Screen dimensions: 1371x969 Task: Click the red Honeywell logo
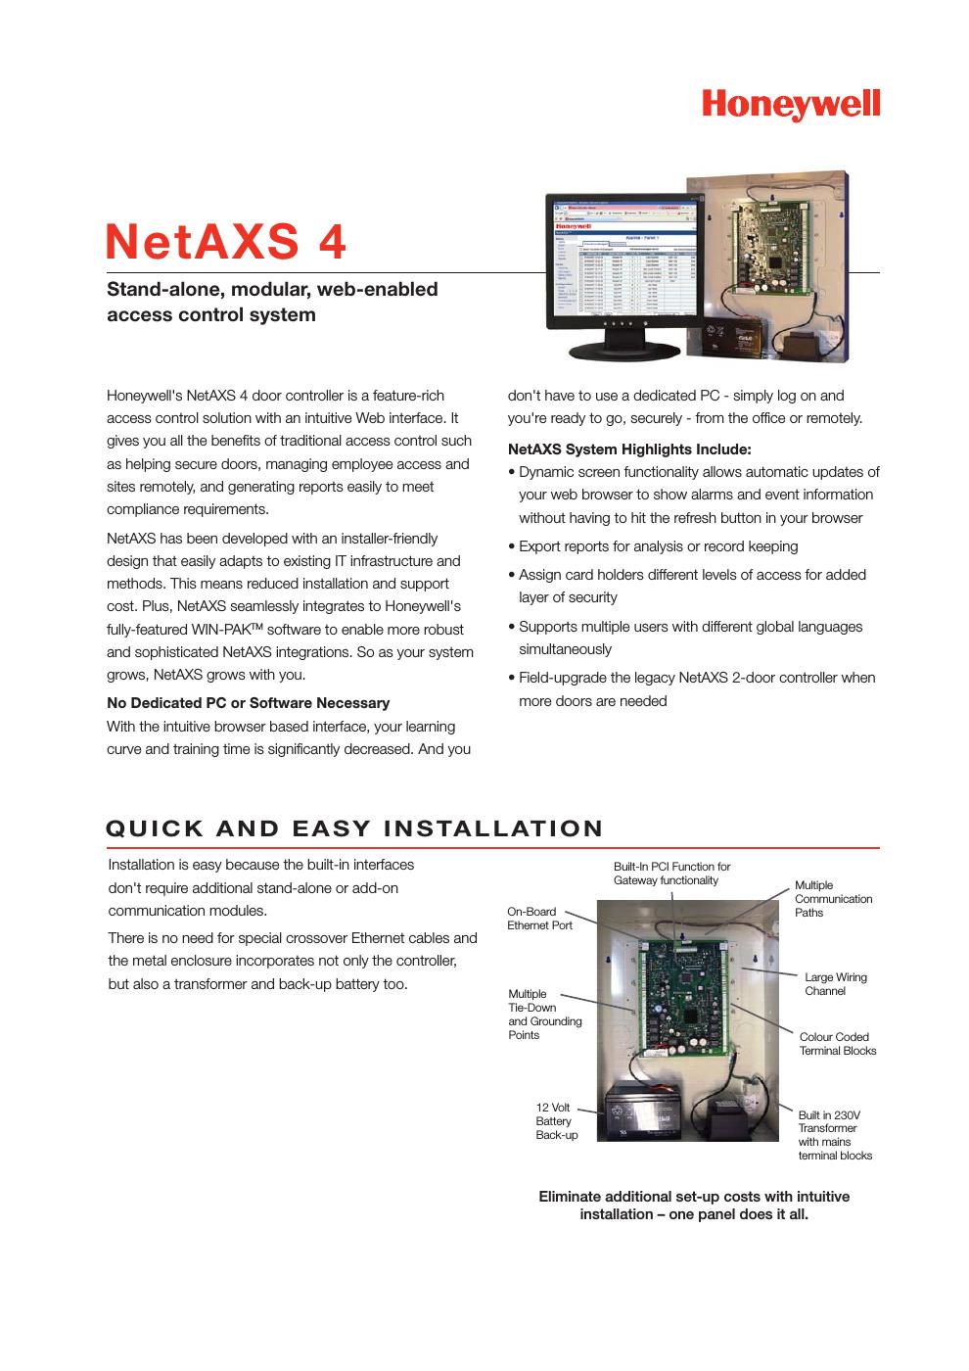pyautogui.click(x=790, y=105)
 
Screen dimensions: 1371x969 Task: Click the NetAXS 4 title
pyautogui.click(x=226, y=242)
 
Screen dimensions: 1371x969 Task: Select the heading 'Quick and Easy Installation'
pyautogui.click(x=354, y=828)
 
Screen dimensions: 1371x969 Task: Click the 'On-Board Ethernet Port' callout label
pyautogui.click(x=539, y=919)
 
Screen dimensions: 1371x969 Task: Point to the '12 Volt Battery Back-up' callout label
pyautogui.click(x=556, y=1121)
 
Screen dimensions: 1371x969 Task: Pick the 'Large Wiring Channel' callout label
pyautogui.click(x=835, y=984)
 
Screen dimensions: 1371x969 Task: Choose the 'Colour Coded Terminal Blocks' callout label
pyautogui.click(x=837, y=1044)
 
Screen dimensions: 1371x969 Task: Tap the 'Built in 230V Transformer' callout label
pyautogui.click(x=834, y=1135)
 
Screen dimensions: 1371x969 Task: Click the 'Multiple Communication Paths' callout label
pyautogui.click(x=833, y=899)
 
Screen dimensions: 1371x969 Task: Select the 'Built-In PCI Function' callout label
pyautogui.click(x=671, y=874)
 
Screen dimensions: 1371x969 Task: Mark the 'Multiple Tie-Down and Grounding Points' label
pyautogui.click(x=544, y=1015)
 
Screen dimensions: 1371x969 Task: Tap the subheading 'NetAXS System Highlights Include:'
pyautogui.click(x=629, y=449)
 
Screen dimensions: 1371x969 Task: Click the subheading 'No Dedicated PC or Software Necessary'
pyautogui.click(x=248, y=703)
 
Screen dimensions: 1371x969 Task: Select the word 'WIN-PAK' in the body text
pyautogui.click(x=226, y=630)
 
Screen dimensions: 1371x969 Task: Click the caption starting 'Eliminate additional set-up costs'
pyautogui.click(x=694, y=1206)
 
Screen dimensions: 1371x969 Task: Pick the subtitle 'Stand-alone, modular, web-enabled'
pyautogui.click(x=272, y=290)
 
